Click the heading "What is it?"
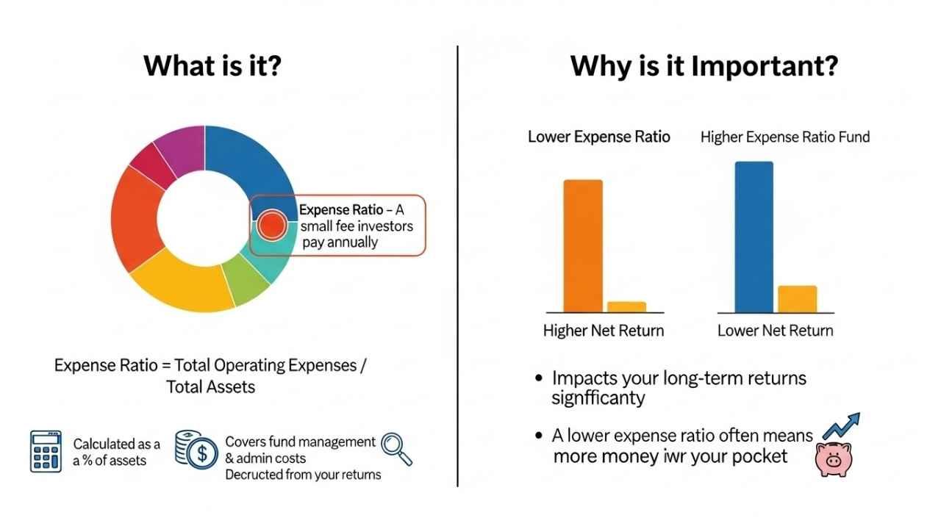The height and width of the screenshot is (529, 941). point(212,65)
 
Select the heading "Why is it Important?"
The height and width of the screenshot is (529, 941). point(704,65)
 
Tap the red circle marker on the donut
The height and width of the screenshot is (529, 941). point(272,225)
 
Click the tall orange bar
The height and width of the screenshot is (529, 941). point(583,246)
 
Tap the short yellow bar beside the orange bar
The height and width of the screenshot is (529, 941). point(626,307)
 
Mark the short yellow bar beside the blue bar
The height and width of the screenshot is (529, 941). point(797,299)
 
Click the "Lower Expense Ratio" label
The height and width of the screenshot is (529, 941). point(598,137)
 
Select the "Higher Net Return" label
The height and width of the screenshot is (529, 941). point(603,331)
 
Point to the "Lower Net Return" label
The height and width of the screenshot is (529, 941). point(775,331)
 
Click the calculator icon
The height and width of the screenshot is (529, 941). point(46,451)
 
